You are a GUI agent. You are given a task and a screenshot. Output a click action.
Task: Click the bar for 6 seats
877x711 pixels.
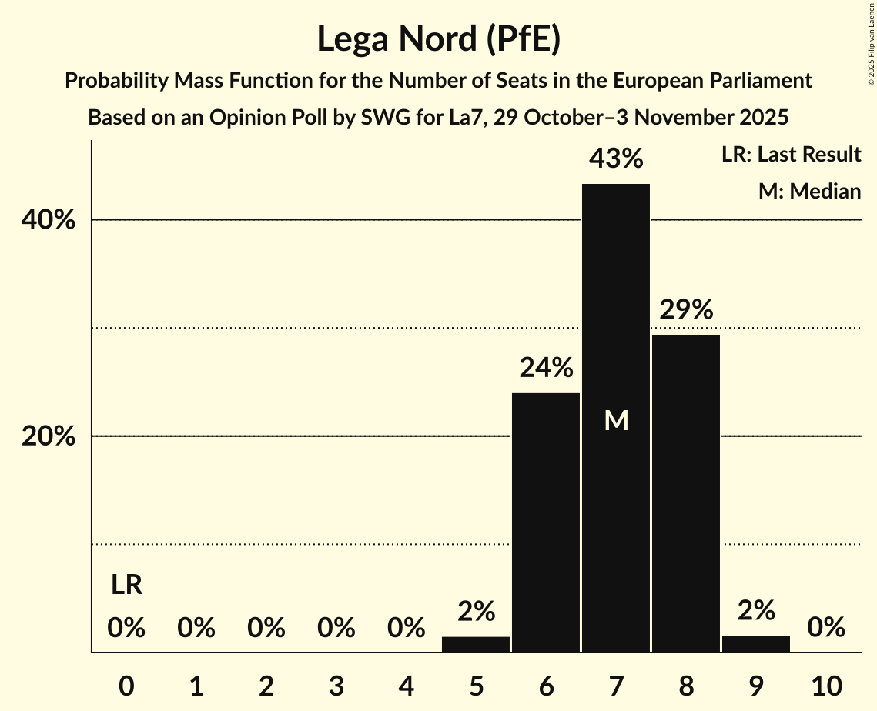[546, 522]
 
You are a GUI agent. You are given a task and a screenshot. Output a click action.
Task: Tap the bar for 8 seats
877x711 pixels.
[686, 493]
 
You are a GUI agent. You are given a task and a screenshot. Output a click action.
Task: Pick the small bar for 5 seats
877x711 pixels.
[476, 644]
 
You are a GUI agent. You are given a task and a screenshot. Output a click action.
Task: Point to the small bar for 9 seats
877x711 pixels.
[756, 643]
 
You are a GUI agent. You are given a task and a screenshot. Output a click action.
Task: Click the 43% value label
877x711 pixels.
[616, 159]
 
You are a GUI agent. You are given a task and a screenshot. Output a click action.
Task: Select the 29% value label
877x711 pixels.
[686, 310]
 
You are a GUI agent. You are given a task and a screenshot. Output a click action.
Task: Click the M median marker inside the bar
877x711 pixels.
[616, 420]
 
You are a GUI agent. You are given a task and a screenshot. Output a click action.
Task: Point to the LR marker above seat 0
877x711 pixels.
[126, 586]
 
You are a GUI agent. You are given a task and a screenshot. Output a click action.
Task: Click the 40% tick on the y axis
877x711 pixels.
[48, 221]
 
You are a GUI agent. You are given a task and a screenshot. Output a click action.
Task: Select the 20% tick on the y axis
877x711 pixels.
[48, 437]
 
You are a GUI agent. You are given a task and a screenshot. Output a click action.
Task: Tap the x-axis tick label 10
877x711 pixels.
[826, 684]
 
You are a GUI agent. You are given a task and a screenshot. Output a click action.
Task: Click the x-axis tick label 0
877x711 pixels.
[126, 684]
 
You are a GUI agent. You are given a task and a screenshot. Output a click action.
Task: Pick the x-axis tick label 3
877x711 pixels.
[336, 684]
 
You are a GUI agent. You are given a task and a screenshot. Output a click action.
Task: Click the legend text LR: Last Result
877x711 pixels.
[791, 155]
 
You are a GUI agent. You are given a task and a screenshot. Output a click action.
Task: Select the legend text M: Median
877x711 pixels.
[809, 191]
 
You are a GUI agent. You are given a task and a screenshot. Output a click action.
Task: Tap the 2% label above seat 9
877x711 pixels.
[756, 610]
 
